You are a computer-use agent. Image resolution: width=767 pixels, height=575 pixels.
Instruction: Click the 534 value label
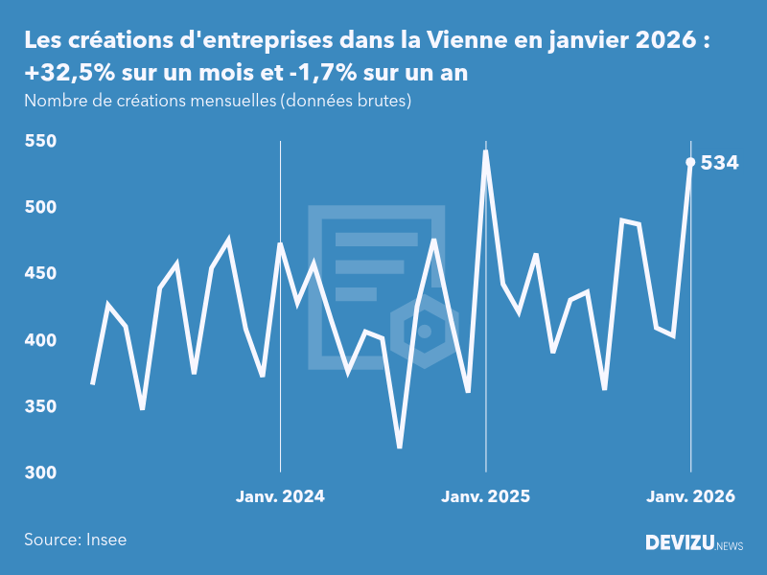(719, 163)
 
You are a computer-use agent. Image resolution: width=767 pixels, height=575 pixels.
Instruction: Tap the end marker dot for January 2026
(690, 162)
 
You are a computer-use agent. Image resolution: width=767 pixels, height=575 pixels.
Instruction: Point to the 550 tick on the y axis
(41, 142)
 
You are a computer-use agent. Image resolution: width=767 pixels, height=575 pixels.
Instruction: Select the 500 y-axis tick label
(41, 208)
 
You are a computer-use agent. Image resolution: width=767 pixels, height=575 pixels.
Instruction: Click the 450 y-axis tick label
(41, 274)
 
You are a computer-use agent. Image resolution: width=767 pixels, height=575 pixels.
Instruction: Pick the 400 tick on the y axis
(41, 340)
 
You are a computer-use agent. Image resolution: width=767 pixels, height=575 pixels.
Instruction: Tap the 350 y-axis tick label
(41, 407)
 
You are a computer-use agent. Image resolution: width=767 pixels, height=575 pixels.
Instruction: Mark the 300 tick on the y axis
(41, 473)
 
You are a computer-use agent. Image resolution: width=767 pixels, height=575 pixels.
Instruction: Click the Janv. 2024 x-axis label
(280, 496)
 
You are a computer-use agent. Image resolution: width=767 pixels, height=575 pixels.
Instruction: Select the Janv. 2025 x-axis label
(485, 496)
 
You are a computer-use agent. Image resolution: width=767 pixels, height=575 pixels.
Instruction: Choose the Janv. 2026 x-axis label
(690, 496)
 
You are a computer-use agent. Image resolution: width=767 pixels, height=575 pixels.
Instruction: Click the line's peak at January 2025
(485, 151)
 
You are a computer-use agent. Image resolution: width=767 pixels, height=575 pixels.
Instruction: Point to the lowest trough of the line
(400, 447)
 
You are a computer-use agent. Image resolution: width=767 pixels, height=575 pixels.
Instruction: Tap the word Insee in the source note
(105, 540)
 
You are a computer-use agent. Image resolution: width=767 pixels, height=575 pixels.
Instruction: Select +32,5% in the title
(67, 75)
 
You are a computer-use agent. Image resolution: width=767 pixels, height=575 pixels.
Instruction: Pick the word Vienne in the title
(464, 41)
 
